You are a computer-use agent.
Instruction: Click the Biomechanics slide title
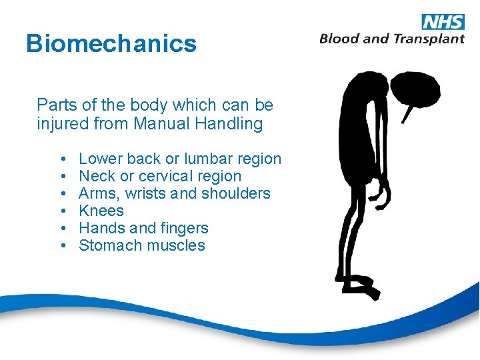tap(111, 44)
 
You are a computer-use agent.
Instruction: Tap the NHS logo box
tap(443, 21)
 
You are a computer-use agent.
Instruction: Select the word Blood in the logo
tap(341, 39)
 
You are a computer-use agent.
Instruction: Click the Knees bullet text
tap(101, 211)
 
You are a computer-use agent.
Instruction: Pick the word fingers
tap(184, 228)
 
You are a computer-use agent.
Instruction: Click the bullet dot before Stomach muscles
tap(61, 245)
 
